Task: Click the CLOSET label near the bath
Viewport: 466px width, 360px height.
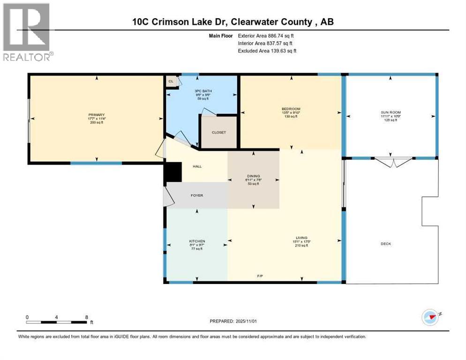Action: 218,133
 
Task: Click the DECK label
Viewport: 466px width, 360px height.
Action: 385,244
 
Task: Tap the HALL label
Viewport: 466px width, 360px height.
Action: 197,166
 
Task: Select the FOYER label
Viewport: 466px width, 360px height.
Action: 197,195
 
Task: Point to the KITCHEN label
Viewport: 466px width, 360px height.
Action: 197,241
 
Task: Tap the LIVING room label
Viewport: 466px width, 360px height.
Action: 301,238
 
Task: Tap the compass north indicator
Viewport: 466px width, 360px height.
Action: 430,317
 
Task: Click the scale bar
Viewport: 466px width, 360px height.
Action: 56,322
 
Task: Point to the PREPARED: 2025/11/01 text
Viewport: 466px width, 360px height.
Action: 233,321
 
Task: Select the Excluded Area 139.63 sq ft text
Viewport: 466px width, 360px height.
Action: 267,51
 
